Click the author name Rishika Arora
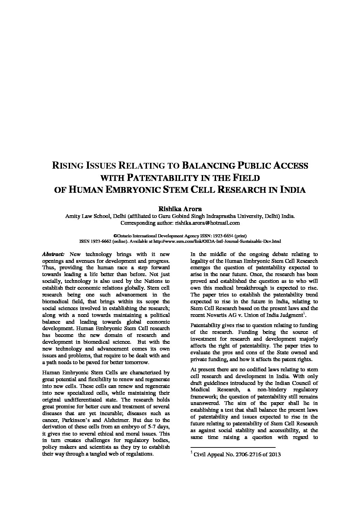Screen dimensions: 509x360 (180, 209)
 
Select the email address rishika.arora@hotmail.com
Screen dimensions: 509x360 (208, 223)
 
